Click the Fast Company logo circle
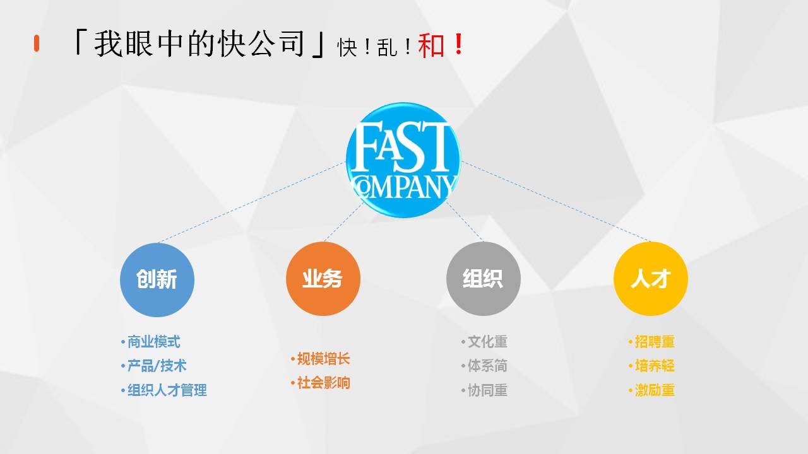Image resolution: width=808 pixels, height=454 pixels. pos(403,160)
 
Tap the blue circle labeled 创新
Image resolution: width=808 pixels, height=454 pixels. pos(157,279)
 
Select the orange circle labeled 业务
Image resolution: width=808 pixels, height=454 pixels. pos(323,279)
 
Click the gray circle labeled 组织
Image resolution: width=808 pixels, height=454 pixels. pos(484,279)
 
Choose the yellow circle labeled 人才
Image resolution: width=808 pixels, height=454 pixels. pos(651,279)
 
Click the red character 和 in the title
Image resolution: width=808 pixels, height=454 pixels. pos(431,45)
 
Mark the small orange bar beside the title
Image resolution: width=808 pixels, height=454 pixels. pos(37,44)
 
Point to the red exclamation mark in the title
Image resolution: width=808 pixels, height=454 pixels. pos(459,44)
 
